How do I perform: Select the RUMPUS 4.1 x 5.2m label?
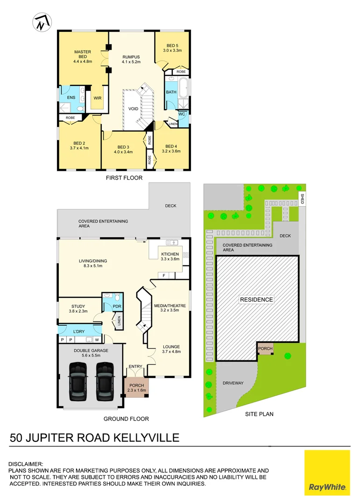click(131, 59)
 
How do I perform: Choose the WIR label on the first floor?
click(97, 98)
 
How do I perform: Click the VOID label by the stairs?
click(134, 109)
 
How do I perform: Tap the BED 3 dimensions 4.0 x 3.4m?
click(123, 152)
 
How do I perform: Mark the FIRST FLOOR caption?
click(124, 178)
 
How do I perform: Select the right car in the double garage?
click(105, 381)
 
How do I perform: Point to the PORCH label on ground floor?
click(137, 387)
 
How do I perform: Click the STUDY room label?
click(78, 307)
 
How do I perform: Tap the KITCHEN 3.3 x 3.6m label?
click(170, 256)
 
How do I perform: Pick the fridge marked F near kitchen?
click(164, 276)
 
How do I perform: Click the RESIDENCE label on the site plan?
click(256, 300)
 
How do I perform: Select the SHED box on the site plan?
click(302, 199)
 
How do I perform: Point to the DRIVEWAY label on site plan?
click(233, 383)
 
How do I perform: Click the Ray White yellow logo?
click(327, 473)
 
